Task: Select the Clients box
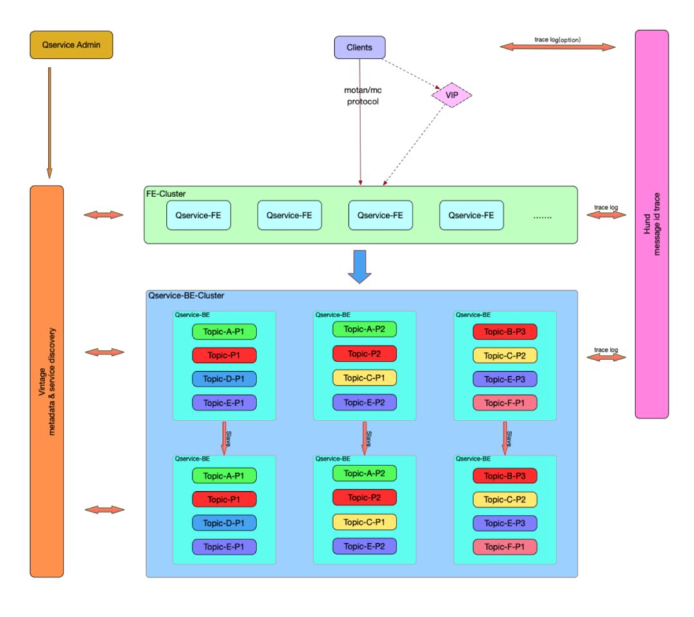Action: (359, 48)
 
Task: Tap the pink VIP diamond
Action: (452, 96)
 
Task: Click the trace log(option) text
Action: (557, 39)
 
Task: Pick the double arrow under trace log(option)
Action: (557, 47)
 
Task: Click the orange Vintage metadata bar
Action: (47, 381)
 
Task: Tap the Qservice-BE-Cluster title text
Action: (186, 296)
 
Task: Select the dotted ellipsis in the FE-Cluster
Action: (542, 216)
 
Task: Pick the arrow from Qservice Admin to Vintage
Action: (49, 122)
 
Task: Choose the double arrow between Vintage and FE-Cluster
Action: (103, 215)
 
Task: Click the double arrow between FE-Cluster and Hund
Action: (605, 215)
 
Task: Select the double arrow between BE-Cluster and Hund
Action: (605, 356)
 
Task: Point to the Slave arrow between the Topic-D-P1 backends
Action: (225, 438)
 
